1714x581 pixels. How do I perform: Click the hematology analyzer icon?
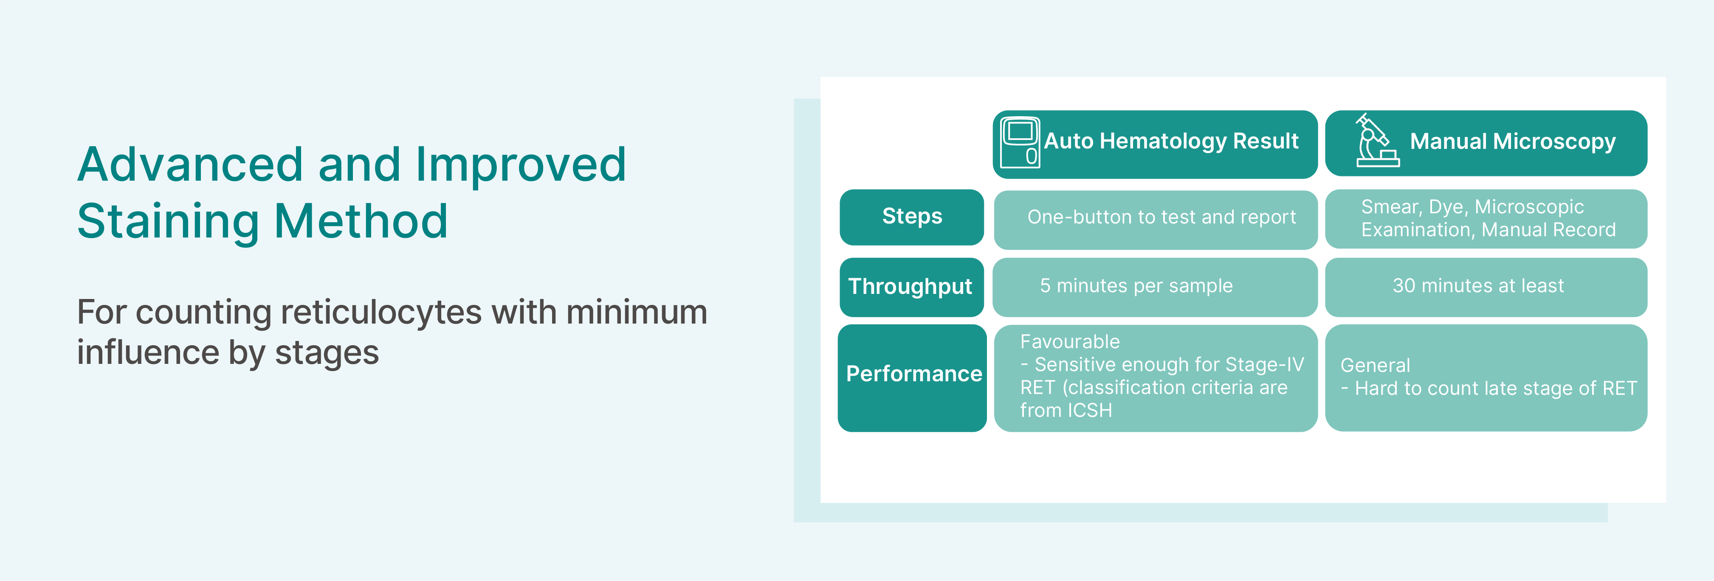(1020, 142)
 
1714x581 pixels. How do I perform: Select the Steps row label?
(911, 217)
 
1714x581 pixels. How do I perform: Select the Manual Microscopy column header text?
(1512, 142)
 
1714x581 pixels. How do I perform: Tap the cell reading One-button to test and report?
(1156, 219)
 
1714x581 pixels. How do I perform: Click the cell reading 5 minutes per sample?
(1155, 287)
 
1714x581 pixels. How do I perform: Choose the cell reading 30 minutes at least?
(1486, 287)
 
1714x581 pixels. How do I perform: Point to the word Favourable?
(1070, 342)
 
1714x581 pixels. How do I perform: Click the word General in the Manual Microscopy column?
(1375, 366)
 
